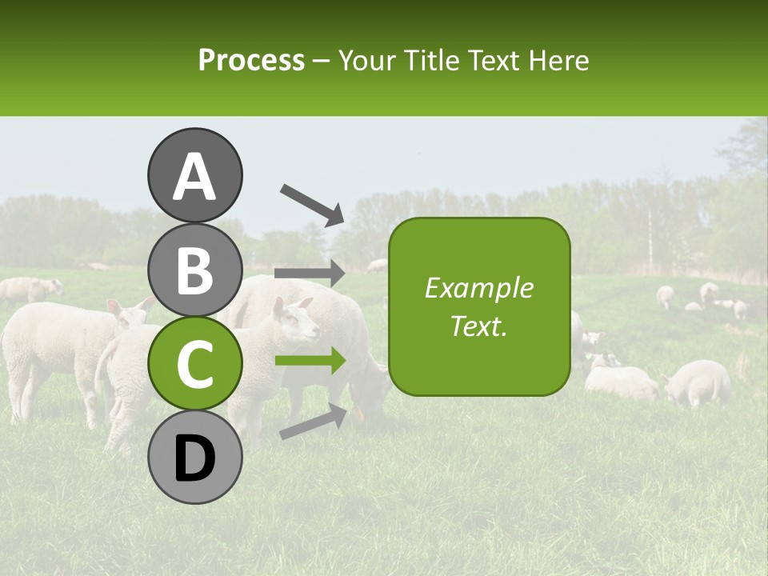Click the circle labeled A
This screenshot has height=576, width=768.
[x=195, y=176]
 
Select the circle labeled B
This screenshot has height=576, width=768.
[x=195, y=270]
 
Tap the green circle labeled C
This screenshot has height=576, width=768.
[x=195, y=363]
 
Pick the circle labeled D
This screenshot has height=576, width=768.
[x=195, y=457]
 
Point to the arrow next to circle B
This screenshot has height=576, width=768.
[x=310, y=274]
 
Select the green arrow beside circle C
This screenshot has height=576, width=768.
[x=310, y=361]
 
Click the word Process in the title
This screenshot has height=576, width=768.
[x=251, y=60]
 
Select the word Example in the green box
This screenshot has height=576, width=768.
[x=478, y=288]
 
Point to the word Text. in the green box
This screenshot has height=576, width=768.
[x=478, y=326]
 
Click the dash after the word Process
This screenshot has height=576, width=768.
[x=322, y=61]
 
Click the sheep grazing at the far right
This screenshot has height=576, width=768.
[x=698, y=382]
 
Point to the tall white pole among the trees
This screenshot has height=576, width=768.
[x=650, y=232]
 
